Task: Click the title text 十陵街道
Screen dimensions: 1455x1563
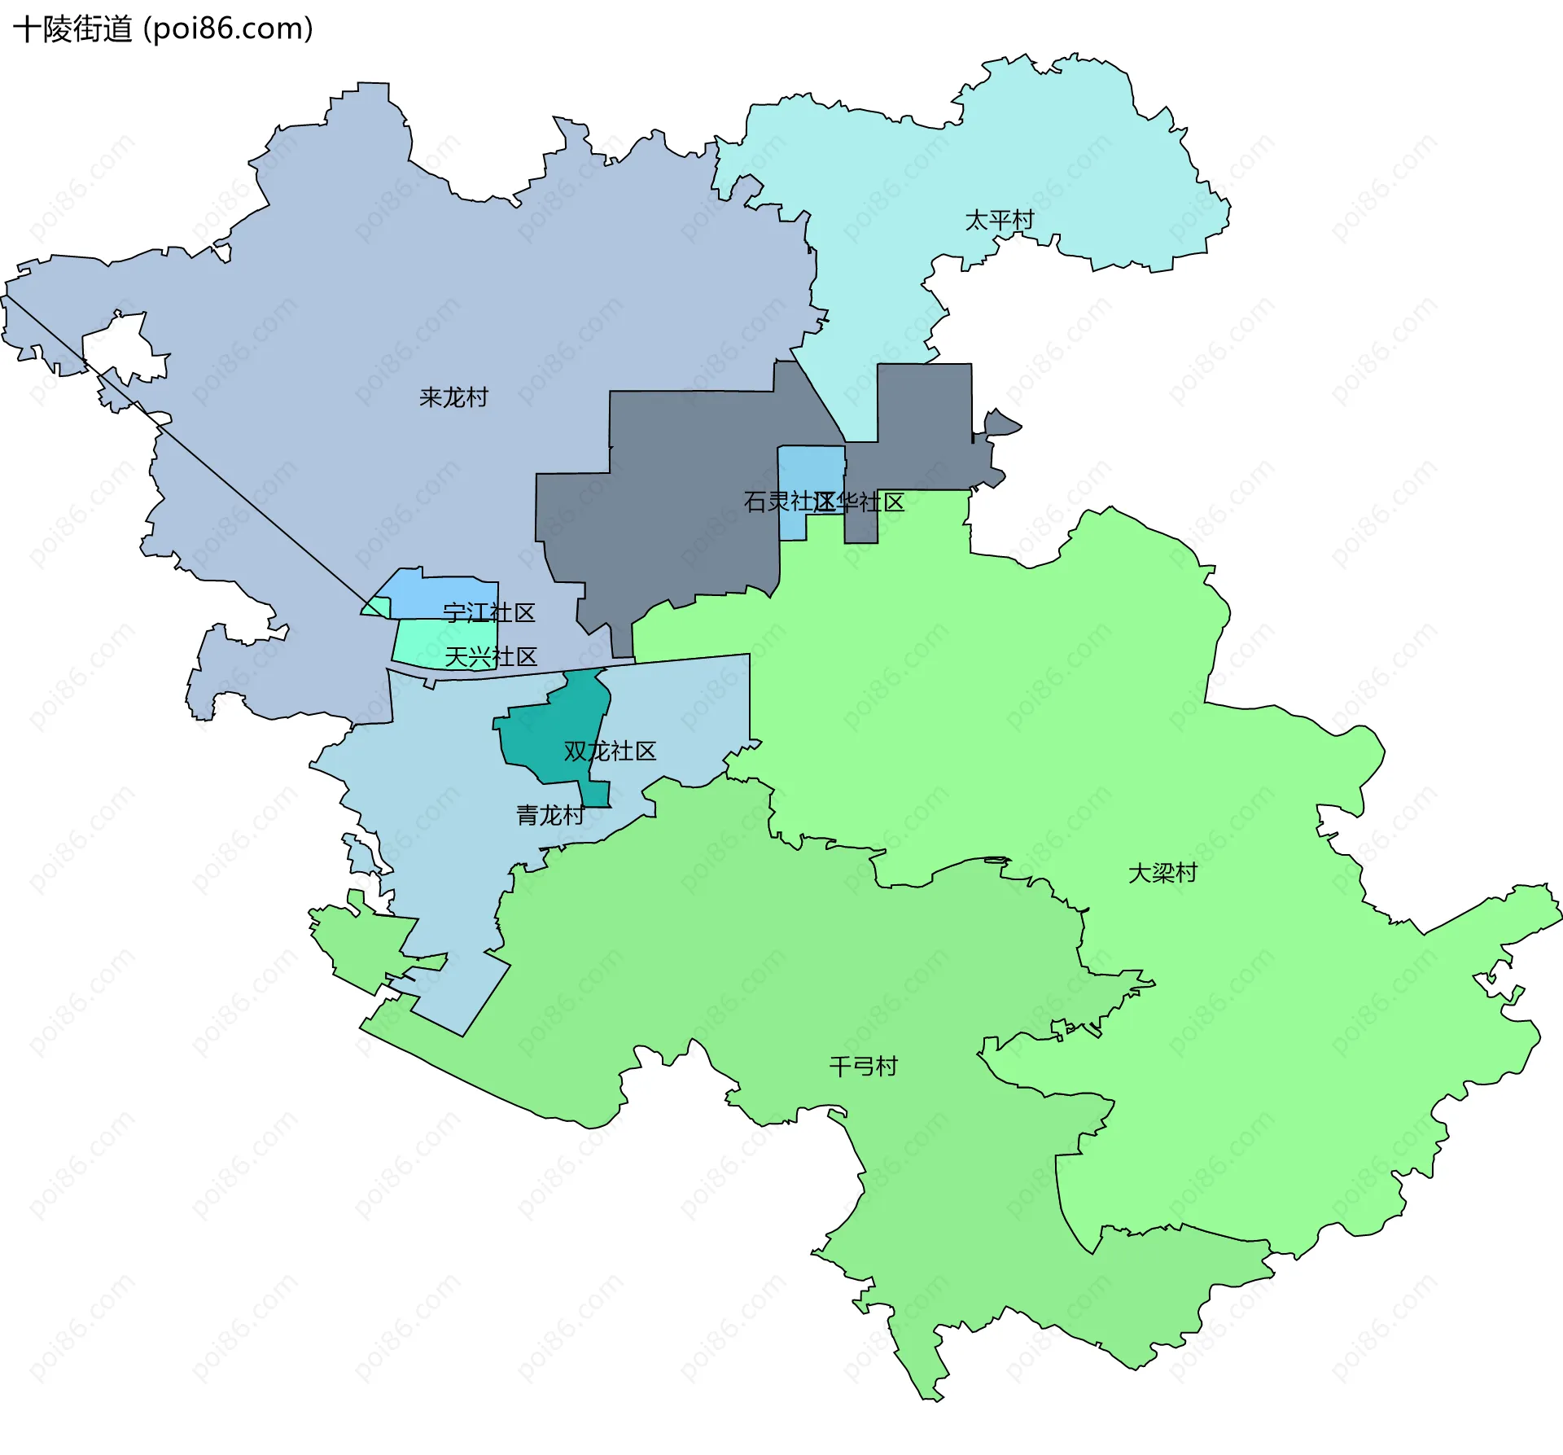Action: tap(73, 29)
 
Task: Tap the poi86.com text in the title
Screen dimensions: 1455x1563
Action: tap(228, 29)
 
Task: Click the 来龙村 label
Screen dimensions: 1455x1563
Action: tap(453, 397)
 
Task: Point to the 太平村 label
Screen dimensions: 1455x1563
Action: tap(999, 220)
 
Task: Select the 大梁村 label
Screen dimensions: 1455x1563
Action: tap(1162, 873)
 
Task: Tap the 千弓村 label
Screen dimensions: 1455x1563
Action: tap(863, 1066)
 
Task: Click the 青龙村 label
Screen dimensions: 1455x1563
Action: tap(550, 814)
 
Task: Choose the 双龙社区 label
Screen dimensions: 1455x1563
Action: tap(610, 751)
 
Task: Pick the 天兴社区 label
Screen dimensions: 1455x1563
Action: tap(491, 656)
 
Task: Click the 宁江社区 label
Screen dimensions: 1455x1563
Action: tap(488, 612)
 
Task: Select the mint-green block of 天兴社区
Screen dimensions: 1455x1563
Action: tap(423, 643)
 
